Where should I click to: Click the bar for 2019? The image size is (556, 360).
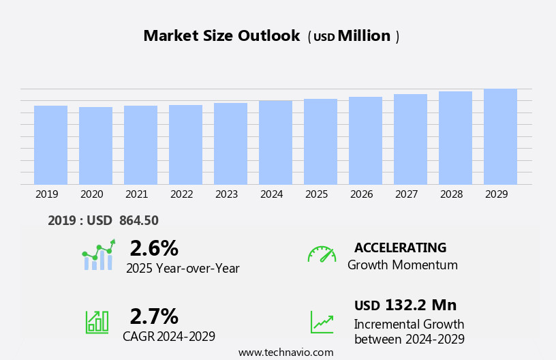[x=50, y=145]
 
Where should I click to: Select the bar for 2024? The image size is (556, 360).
[x=275, y=142]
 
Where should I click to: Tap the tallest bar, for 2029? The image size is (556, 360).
[x=500, y=136]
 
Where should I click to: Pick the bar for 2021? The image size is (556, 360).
[x=140, y=145]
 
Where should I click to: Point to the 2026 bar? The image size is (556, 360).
[x=365, y=140]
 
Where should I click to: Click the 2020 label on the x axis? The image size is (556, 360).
[x=91, y=194]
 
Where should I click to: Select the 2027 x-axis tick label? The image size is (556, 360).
[x=406, y=194]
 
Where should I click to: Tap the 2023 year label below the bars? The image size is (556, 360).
[x=226, y=194]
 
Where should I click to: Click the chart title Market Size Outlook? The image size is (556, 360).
[x=221, y=36]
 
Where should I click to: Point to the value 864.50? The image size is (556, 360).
[x=138, y=220]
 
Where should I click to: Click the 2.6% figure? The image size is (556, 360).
[x=154, y=248]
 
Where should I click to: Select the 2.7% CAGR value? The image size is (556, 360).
[x=154, y=316]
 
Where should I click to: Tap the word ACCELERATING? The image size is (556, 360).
[x=400, y=247]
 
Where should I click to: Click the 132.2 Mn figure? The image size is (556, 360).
[x=420, y=305]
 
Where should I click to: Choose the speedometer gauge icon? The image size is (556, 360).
[x=322, y=254]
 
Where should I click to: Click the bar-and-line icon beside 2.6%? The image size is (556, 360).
[x=99, y=255]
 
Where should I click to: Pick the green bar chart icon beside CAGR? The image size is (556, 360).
[x=97, y=321]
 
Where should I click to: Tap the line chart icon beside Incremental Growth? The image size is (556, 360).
[x=322, y=322]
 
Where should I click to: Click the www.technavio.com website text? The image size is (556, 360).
[x=285, y=352]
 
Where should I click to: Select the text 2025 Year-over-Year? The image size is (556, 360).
[x=183, y=269]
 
